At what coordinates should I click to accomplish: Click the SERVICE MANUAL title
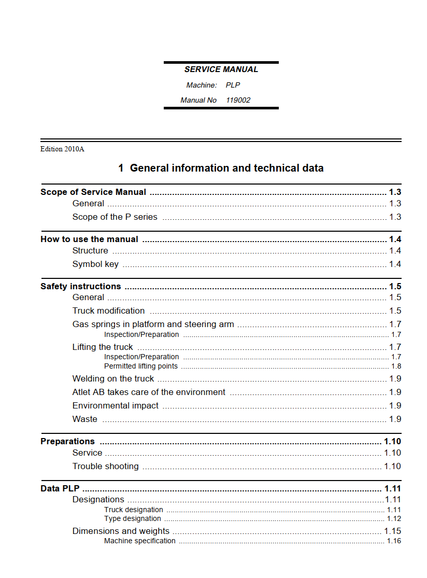(x=221, y=69)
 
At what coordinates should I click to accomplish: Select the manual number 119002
(x=238, y=100)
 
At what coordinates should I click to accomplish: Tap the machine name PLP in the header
(x=233, y=85)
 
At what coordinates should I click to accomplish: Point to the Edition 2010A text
(x=62, y=149)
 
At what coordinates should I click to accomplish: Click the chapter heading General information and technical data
(x=221, y=168)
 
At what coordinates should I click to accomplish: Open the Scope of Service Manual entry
(x=93, y=192)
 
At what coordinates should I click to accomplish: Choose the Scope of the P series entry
(x=115, y=217)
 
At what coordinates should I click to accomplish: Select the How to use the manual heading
(x=89, y=239)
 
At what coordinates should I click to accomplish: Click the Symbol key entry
(x=95, y=264)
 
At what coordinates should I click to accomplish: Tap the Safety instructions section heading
(x=80, y=286)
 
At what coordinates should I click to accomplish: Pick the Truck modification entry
(x=108, y=311)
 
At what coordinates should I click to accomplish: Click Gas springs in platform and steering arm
(x=153, y=324)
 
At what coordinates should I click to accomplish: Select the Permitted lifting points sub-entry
(x=140, y=366)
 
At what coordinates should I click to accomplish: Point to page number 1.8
(x=396, y=366)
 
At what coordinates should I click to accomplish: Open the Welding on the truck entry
(x=113, y=378)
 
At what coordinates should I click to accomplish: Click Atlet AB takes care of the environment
(x=149, y=392)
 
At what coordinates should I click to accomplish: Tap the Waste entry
(x=84, y=419)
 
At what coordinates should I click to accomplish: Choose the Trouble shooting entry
(x=105, y=466)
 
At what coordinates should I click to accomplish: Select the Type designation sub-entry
(x=132, y=518)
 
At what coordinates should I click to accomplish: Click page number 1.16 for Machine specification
(x=394, y=541)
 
